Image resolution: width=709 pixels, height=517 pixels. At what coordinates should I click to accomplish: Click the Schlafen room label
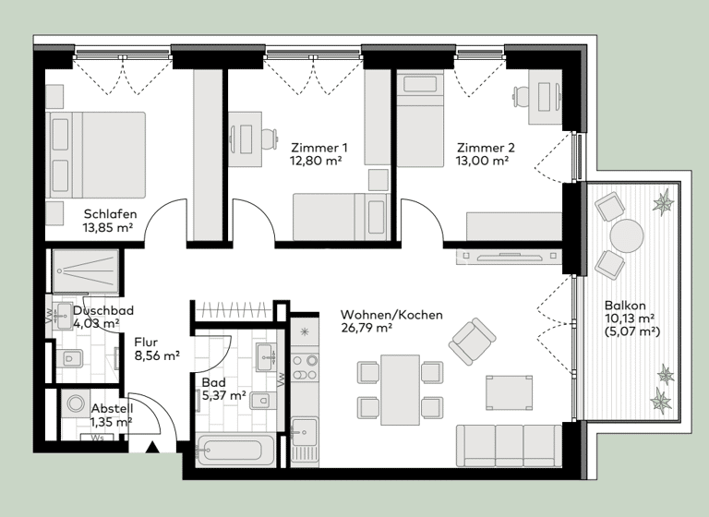coord(109,214)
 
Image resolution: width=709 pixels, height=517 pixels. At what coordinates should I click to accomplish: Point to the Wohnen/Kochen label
coord(391,315)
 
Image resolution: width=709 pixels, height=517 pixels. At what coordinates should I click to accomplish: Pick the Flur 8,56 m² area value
coord(156,354)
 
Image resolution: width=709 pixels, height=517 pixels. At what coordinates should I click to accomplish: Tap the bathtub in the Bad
coord(236,451)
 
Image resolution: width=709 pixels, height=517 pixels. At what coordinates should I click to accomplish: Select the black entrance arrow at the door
coord(151,449)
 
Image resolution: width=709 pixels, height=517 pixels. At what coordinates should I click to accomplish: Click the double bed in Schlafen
coord(96,154)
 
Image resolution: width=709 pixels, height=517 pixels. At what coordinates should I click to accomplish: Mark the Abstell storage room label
coord(112,409)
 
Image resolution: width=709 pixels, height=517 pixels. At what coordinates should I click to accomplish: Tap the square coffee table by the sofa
coord(509,391)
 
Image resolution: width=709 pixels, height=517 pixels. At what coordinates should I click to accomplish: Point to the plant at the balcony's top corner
coord(663,200)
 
